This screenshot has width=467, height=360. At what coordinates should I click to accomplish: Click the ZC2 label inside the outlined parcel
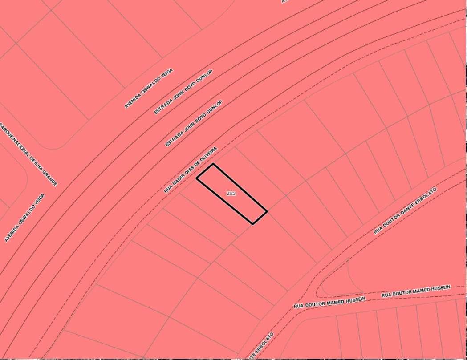231,194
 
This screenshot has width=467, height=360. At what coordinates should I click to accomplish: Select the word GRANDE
52,178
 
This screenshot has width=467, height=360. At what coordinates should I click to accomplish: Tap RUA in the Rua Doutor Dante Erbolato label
377,231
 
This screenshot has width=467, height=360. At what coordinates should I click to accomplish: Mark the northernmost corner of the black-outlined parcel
213,164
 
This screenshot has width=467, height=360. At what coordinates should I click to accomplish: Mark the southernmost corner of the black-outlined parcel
252,224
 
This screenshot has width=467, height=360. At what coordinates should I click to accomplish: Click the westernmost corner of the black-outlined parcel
197,178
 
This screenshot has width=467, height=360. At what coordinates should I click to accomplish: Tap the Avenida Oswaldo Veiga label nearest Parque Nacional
24,218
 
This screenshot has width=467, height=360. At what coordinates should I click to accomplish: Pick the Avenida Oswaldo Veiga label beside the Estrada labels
148,88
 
